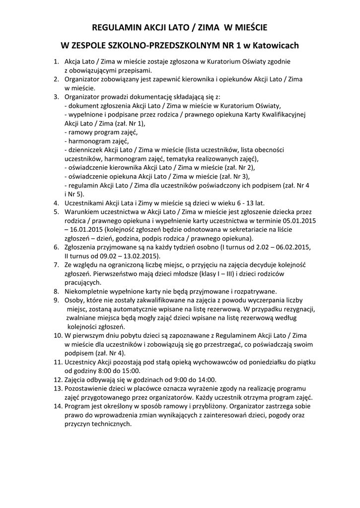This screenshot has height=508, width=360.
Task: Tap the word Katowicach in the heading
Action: (x=276, y=46)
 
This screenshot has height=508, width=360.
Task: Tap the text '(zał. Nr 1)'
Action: (x=131, y=123)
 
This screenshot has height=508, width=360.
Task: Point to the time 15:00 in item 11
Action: (x=131, y=370)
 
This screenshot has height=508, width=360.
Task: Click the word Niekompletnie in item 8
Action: (x=87, y=291)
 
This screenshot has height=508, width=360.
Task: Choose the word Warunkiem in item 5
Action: (x=82, y=211)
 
